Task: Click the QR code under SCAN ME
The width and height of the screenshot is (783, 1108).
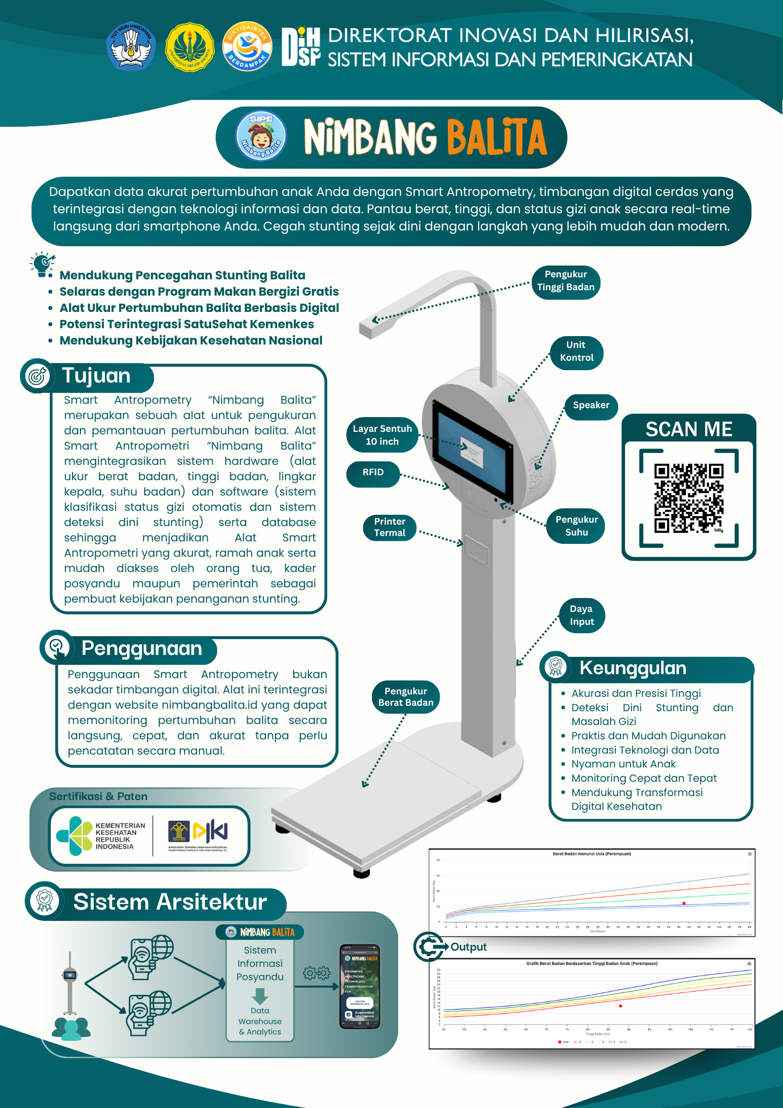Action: click(689, 498)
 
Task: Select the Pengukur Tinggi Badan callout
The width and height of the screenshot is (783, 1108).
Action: click(565, 281)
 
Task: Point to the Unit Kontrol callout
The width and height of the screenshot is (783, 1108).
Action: click(576, 352)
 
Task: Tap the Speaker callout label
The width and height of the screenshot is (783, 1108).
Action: click(591, 406)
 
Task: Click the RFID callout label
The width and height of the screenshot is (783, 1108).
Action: click(373, 473)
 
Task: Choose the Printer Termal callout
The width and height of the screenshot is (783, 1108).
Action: click(390, 528)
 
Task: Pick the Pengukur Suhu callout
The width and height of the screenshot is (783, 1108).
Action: click(576, 526)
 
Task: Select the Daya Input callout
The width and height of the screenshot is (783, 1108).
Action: click(582, 615)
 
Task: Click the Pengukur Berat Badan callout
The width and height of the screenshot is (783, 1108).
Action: click(406, 697)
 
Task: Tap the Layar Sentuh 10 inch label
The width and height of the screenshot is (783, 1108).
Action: click(382, 435)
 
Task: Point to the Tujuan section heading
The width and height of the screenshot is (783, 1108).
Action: click(96, 376)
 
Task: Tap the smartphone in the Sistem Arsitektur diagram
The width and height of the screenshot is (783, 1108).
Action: click(360, 986)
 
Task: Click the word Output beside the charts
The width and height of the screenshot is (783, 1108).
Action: click(468, 947)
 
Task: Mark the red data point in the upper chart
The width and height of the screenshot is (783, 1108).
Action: click(684, 903)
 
